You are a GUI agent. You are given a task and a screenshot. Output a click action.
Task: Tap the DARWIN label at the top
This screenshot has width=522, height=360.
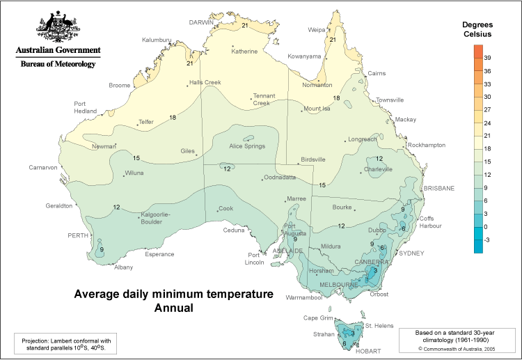pos(202,22)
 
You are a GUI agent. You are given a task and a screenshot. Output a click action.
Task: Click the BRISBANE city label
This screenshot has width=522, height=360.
pos(438,188)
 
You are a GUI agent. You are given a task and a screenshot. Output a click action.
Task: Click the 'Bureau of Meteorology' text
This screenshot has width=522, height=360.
pos(58,63)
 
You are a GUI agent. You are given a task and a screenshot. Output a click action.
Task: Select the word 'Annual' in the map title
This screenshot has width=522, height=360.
pos(173,307)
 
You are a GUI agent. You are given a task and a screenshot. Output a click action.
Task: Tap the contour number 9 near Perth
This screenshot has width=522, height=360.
pos(102,249)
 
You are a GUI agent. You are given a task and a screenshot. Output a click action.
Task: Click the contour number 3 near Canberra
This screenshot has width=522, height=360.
pos(375,271)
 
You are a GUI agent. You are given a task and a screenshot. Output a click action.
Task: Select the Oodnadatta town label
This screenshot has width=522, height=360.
pos(283,178)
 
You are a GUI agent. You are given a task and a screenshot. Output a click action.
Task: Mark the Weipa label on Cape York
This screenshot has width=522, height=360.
pos(317,30)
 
